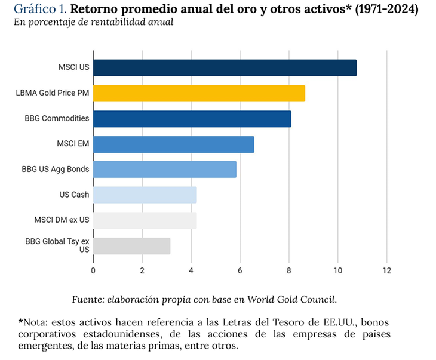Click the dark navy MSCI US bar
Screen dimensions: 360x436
pos(225,68)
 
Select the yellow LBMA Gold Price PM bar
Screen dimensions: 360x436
pos(199,93)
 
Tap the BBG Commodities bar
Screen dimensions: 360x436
pos(192,119)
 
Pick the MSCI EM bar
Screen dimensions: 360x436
pos(174,144)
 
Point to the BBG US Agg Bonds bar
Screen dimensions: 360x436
pos(165,170)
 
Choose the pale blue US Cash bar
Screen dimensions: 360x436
pos(145,195)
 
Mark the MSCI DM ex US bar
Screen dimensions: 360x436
pos(145,220)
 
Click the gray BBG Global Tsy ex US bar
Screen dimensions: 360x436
pos(132,246)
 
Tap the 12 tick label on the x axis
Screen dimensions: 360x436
pos(386,270)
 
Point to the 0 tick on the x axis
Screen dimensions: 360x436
pos(93,270)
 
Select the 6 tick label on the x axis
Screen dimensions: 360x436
pos(240,270)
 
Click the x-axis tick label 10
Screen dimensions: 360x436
pos(337,270)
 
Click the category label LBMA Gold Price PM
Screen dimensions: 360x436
pos(53,93)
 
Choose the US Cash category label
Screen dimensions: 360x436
pos(74,195)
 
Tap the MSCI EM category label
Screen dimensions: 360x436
pos(73,144)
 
